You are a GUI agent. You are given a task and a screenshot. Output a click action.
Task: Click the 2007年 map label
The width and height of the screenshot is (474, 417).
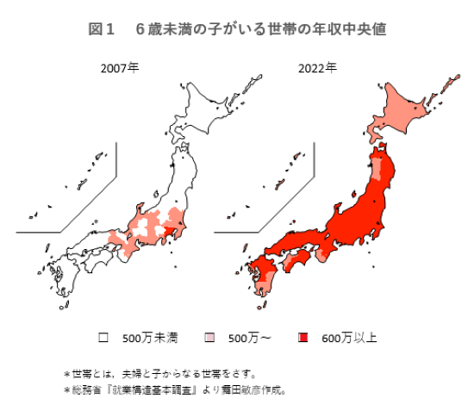point(119,66)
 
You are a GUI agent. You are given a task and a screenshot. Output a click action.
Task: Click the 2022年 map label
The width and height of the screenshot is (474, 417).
point(318,66)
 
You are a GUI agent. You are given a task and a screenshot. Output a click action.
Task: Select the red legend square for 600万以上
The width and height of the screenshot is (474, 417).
point(301,336)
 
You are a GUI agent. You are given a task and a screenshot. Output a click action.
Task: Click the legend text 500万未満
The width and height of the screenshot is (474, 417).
point(150,337)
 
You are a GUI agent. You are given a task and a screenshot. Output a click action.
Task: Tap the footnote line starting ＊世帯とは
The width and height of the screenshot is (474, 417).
point(159,373)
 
